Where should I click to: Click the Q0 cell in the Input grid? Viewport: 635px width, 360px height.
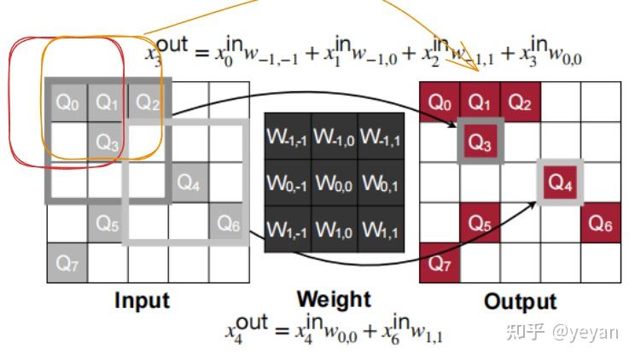[x=67, y=103]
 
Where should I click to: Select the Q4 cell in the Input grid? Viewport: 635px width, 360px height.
[x=189, y=182]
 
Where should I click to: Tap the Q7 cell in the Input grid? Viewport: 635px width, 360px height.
[x=67, y=263]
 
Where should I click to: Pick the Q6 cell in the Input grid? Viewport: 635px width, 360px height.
[x=229, y=223]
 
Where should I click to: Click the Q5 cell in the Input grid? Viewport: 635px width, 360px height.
[x=108, y=223]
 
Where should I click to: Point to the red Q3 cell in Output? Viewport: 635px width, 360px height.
[x=481, y=142]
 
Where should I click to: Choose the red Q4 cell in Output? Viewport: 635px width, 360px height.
[x=560, y=182]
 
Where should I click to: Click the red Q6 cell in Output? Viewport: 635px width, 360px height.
[x=601, y=223]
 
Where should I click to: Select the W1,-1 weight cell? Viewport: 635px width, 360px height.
[x=287, y=229]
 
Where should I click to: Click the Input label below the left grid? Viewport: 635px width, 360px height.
[x=143, y=300]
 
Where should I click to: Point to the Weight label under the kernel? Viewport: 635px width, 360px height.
[x=334, y=299]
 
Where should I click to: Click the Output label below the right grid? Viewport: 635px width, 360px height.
[x=520, y=301]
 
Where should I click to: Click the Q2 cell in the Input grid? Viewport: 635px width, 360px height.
[x=148, y=103]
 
